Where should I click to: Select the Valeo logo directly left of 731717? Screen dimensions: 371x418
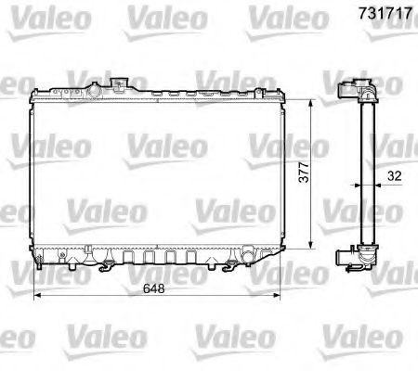tap(280, 16)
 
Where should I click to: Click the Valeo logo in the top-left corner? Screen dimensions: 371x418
tap(36, 16)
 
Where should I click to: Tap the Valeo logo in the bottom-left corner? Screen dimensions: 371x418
tap(36, 335)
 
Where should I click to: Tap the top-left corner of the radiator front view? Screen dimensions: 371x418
tap(34, 91)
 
